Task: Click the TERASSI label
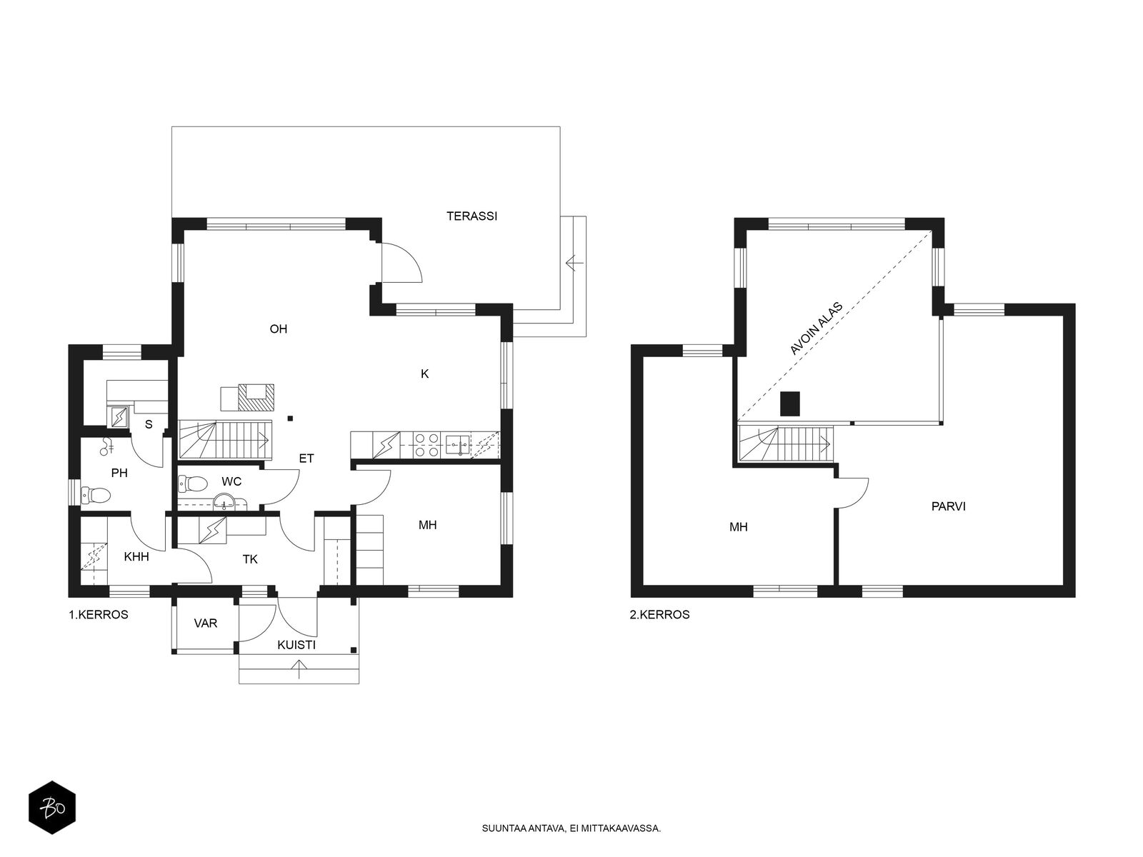pos(471,216)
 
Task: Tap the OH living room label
pos(278,329)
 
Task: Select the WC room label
pos(231,481)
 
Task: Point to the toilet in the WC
pos(193,484)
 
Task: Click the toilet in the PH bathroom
pos(96,495)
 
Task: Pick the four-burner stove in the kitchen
pos(426,446)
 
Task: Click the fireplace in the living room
pos(256,397)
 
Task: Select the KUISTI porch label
pos(296,645)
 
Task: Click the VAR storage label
pos(205,623)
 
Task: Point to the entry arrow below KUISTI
pos(299,669)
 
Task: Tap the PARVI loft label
pos(948,506)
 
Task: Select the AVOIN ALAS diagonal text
pos(816,329)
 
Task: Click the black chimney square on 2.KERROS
pos(789,404)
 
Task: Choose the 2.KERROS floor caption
pos(659,614)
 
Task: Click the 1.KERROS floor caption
pos(99,614)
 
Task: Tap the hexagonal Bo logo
pos(52,807)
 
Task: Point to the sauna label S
pos(149,425)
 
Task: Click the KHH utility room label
pos(136,557)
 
